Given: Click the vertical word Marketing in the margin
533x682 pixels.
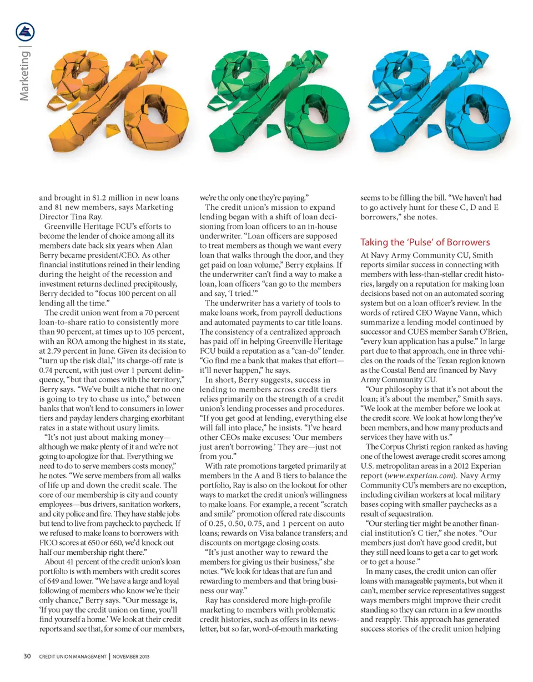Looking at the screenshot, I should click(x=25, y=77).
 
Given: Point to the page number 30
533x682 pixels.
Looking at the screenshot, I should click(x=27, y=656).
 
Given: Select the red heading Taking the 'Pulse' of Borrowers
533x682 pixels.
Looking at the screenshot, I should click(x=425, y=242).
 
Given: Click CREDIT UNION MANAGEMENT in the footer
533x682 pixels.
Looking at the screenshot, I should click(x=72, y=656).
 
